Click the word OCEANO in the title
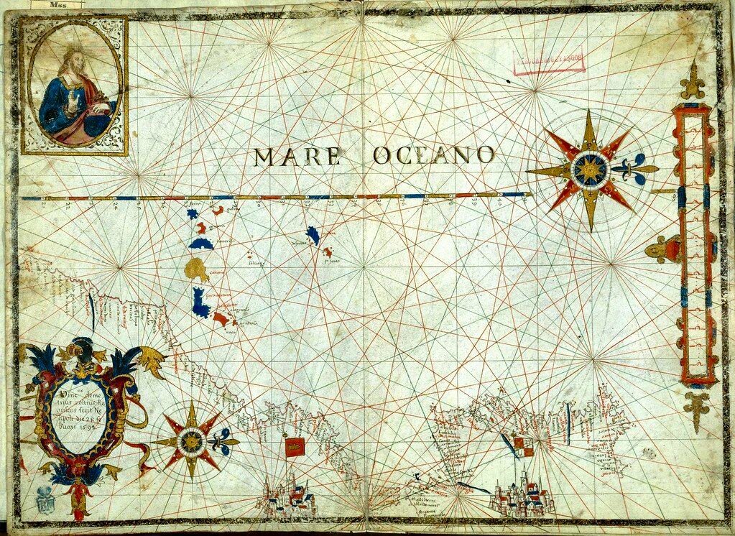pos(433,155)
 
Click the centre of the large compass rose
pos(591,170)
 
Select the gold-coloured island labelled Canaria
pos(196,269)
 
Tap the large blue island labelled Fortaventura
pos(200,303)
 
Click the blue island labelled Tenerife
pos(200,243)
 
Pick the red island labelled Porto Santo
pos(328,252)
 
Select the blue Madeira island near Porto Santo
pos(313,234)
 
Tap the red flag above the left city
pos(294,447)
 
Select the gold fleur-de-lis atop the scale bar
pos(693,83)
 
